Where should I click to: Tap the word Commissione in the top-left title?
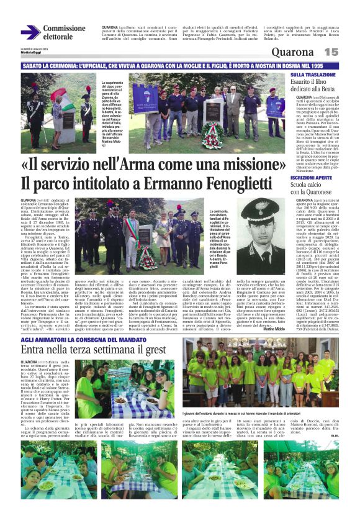click(x=64, y=29)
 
